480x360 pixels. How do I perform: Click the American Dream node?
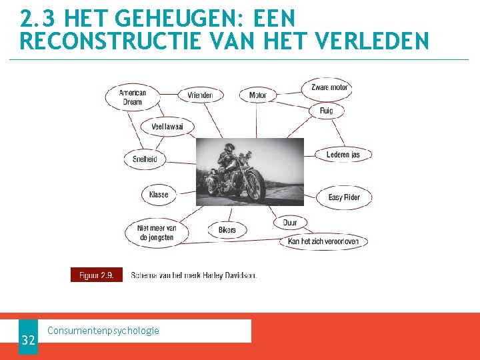click(x=133, y=97)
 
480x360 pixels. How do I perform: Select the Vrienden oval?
click(x=200, y=95)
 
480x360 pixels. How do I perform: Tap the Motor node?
click(x=257, y=95)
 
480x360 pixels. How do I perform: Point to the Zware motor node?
click(x=329, y=87)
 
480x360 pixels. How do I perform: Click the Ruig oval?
click(x=326, y=111)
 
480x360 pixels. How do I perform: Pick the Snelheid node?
click(x=145, y=159)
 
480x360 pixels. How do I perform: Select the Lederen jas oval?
click(x=343, y=155)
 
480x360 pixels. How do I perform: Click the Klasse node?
click(x=159, y=195)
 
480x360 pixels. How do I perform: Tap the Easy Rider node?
click(x=344, y=197)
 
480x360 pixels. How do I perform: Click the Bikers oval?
click(x=227, y=230)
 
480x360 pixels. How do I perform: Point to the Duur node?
click(x=290, y=223)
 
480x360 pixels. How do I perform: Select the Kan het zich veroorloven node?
click(x=323, y=241)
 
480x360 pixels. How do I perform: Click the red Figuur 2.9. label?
click(x=97, y=275)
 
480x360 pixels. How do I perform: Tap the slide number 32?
click(x=28, y=341)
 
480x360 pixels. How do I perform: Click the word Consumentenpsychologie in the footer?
click(x=103, y=331)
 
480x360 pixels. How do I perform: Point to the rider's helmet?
click(x=229, y=147)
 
